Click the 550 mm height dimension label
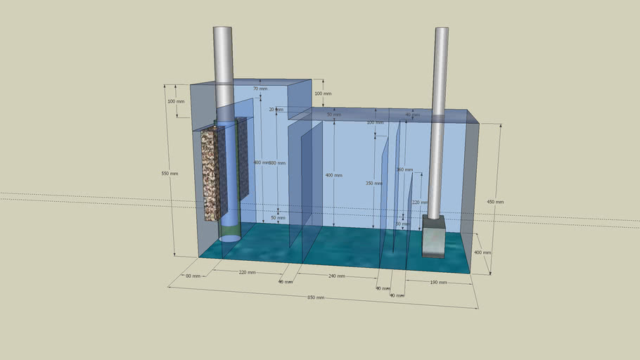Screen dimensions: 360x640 (x=169, y=174)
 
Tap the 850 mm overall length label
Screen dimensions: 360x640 (x=316, y=297)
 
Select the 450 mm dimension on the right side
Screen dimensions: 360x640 (x=495, y=202)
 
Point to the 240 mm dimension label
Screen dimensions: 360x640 (x=336, y=276)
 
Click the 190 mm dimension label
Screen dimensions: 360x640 (x=438, y=282)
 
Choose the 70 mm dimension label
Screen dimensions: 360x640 (x=260, y=89)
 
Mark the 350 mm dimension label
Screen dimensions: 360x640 (x=374, y=184)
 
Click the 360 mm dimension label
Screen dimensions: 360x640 (x=404, y=169)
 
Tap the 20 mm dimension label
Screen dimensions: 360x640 (x=272, y=109)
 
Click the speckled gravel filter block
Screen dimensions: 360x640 (x=210, y=174)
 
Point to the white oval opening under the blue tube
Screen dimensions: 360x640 (x=229, y=238)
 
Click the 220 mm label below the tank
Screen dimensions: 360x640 (x=247, y=272)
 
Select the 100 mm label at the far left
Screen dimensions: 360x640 (x=176, y=101)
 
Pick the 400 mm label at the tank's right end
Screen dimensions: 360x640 (x=482, y=252)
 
